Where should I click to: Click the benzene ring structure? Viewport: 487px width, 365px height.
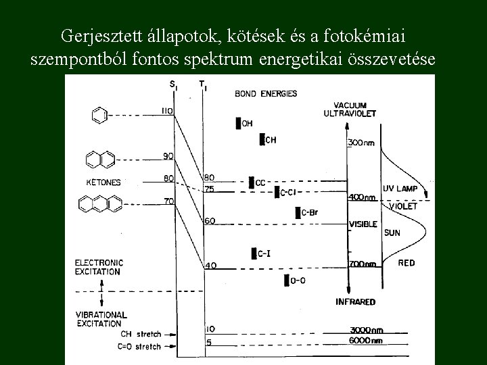pyautogui.click(x=99, y=116)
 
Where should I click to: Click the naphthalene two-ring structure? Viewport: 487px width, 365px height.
pyautogui.click(x=100, y=160)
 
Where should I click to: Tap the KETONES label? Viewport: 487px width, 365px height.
pyautogui.click(x=103, y=182)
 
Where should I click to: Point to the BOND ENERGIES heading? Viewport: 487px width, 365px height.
pyautogui.click(x=266, y=93)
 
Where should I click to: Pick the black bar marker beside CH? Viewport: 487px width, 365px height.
pyautogui.click(x=262, y=140)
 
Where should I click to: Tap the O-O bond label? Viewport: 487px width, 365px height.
pyautogui.click(x=297, y=280)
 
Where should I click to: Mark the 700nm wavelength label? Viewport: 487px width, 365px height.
pyautogui.click(x=362, y=264)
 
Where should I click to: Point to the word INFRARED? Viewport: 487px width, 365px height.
pyautogui.click(x=355, y=301)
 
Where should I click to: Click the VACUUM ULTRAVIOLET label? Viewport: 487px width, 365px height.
pyautogui.click(x=359, y=109)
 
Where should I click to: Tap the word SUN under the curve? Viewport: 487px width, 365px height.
pyautogui.click(x=392, y=233)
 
